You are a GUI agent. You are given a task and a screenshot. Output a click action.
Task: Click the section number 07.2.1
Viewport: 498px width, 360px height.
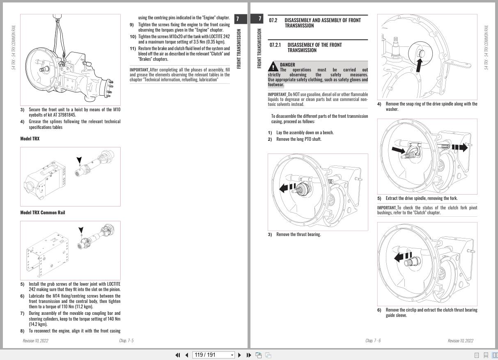(275, 45)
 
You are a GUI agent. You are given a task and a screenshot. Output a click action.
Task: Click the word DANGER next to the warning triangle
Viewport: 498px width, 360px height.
(287, 64)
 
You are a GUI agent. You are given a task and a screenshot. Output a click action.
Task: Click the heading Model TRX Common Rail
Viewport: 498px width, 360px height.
(42, 213)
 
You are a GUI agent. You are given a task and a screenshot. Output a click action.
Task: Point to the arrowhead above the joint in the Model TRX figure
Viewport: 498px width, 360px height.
(79, 160)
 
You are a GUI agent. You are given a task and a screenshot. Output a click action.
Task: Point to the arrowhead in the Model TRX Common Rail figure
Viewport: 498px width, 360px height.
(81, 231)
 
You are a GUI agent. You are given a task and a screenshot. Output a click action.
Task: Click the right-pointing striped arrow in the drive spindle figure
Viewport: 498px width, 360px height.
(459, 147)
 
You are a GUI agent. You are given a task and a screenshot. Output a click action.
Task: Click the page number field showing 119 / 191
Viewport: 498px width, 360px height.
(213, 355)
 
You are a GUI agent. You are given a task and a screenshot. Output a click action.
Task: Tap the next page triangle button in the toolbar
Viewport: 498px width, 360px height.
(240, 355)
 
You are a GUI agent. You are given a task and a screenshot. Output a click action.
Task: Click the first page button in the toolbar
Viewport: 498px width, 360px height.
(178, 355)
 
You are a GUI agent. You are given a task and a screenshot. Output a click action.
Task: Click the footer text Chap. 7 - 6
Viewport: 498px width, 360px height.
(373, 341)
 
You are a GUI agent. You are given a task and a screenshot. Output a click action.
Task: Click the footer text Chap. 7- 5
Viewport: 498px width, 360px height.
(126, 341)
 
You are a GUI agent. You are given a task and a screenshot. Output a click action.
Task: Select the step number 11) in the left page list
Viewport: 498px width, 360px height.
(133, 48)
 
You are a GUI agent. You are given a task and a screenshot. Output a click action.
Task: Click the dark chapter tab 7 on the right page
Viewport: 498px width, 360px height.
(259, 19)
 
